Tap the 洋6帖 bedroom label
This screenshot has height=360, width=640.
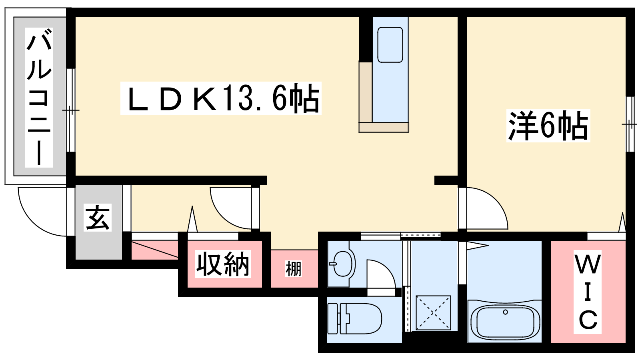pyautogui.click(x=548, y=126)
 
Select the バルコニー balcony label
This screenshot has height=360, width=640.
pyautogui.click(x=39, y=97)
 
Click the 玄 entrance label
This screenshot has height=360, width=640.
pyautogui.click(x=98, y=218)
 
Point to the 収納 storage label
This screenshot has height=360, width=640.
pyautogui.click(x=223, y=264)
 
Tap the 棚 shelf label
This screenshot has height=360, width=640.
pyautogui.click(x=294, y=269)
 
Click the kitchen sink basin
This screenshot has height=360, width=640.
pyautogui.click(x=390, y=45)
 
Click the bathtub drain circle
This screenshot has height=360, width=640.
pyautogui.click(x=505, y=312)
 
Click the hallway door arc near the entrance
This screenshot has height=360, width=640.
pyautogui.click(x=220, y=214)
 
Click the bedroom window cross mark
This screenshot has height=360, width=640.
pyautogui.click(x=629, y=124)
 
